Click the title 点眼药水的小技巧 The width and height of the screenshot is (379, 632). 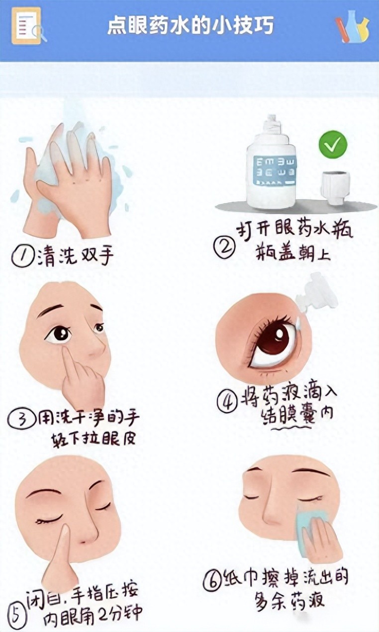[x=190, y=26]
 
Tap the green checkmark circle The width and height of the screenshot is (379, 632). [x=333, y=145]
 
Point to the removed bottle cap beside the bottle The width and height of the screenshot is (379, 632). [x=336, y=187]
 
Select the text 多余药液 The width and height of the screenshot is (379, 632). [x=289, y=600]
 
